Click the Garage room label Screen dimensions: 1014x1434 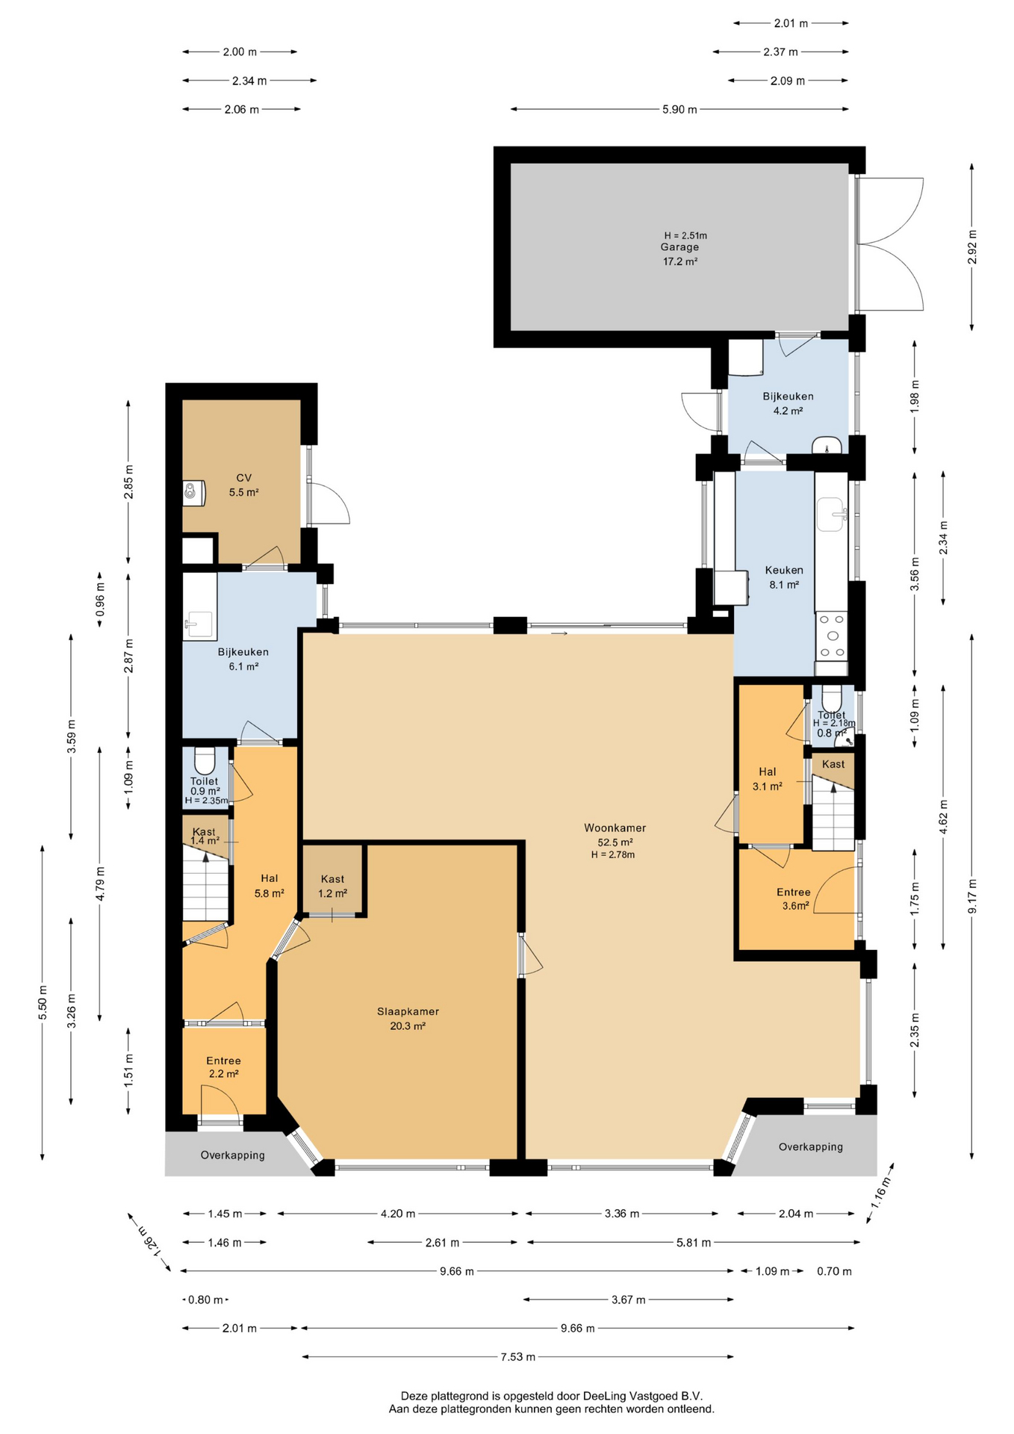[x=679, y=247]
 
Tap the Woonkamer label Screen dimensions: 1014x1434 [x=615, y=828]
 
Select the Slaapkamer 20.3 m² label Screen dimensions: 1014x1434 [x=408, y=1019]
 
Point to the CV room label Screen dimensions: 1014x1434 [x=243, y=478]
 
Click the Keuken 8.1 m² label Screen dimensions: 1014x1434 [x=784, y=577]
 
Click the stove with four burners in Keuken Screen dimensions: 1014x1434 [x=832, y=636]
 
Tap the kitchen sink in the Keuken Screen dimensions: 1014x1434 [x=832, y=515]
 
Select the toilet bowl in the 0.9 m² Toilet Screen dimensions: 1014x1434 [x=205, y=760]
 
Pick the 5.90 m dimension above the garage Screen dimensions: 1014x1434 [x=679, y=109]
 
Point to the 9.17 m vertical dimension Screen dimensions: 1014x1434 [x=972, y=896]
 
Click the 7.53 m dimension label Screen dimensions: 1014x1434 [x=518, y=1356]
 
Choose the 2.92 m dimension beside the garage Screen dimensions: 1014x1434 [x=972, y=246]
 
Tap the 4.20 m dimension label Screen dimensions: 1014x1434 [x=398, y=1214]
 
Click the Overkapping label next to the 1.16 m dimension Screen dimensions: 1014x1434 [x=811, y=1146]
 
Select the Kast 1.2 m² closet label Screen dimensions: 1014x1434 [x=332, y=886]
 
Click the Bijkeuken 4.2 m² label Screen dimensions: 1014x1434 [x=788, y=403]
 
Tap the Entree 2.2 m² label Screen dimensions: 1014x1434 [x=223, y=1067]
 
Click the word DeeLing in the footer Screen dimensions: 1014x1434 [x=606, y=1395]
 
